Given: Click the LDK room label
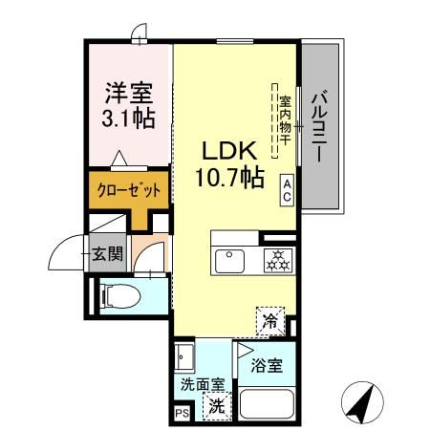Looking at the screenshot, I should (x=227, y=151).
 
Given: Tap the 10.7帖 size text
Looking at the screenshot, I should (x=227, y=178).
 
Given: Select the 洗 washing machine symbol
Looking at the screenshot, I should (x=219, y=404).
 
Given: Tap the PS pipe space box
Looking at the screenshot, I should (x=182, y=413).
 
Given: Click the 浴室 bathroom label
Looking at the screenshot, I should (x=267, y=367).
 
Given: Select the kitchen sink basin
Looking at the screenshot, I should (x=230, y=260).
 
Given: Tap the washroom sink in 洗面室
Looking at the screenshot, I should (x=184, y=361).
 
